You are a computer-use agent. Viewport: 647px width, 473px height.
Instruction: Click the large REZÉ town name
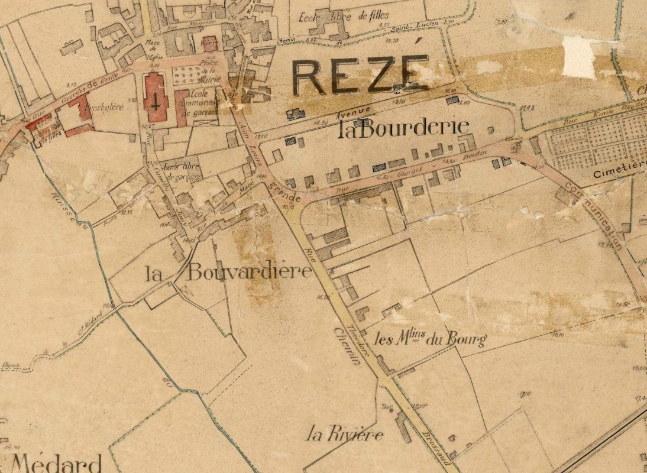pos(361,75)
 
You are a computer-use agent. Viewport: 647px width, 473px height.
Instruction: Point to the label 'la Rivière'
pos(345,435)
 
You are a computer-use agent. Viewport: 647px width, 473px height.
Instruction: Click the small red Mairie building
pos(211,43)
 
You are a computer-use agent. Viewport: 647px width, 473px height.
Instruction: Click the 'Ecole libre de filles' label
pos(353,16)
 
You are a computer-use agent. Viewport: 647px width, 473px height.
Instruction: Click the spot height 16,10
pos(557,335)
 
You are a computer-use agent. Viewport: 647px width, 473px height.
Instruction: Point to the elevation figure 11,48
pos(528,108)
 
